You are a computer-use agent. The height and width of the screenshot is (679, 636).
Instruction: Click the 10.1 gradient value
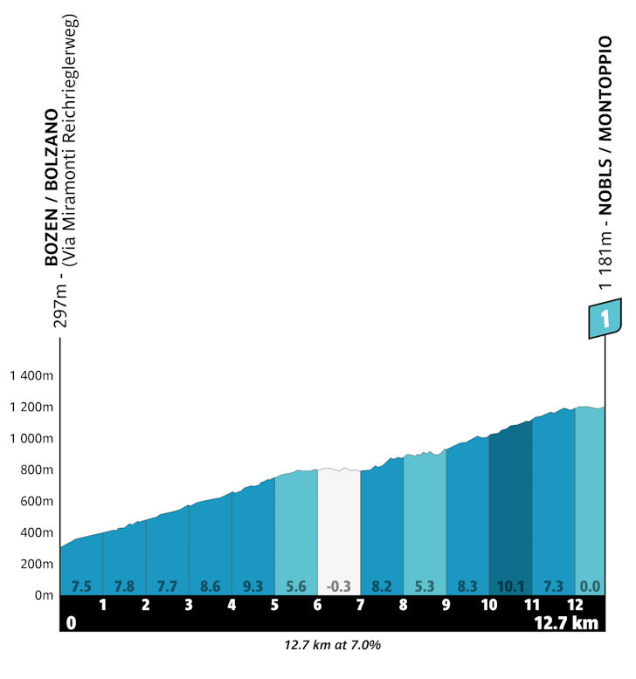510,586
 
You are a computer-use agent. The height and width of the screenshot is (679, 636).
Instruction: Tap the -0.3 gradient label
338,586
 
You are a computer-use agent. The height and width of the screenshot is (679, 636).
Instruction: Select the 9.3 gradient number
252,586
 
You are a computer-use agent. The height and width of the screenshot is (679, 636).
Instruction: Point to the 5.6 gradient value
295,586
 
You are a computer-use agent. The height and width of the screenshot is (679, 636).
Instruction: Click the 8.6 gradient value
210,586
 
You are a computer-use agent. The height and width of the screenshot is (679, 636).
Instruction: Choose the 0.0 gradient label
590,586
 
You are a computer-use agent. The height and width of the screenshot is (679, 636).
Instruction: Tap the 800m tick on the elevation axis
38,470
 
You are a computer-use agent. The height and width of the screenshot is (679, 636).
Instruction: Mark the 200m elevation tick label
38,565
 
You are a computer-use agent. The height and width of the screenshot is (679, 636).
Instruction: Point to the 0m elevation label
43,596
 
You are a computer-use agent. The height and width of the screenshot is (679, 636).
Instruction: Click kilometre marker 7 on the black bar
360,605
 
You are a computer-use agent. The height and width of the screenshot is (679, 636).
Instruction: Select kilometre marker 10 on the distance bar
488,605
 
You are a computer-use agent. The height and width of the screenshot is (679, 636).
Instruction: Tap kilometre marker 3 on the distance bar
189,605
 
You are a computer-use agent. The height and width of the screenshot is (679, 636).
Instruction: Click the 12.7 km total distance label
568,623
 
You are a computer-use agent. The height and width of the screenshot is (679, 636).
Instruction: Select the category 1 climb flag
604,318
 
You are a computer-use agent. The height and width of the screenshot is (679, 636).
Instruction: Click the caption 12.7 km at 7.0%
332,647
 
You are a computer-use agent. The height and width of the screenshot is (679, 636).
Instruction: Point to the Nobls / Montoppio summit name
605,126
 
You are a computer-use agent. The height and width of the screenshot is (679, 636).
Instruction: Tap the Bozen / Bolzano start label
53,188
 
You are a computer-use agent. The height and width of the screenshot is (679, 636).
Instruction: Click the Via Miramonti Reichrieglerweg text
73,140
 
